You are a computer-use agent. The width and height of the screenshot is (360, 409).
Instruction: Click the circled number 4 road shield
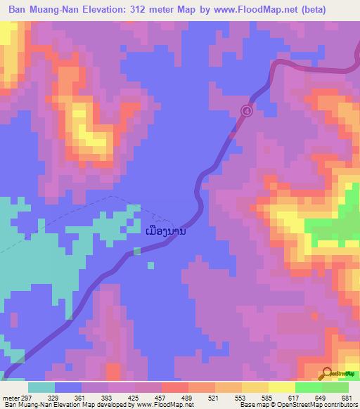[246, 110]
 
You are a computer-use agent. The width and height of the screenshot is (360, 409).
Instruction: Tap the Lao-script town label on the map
[165, 231]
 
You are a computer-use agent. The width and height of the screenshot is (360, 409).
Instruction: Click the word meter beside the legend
[10, 396]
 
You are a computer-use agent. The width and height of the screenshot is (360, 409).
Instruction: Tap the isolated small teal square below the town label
[150, 265]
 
